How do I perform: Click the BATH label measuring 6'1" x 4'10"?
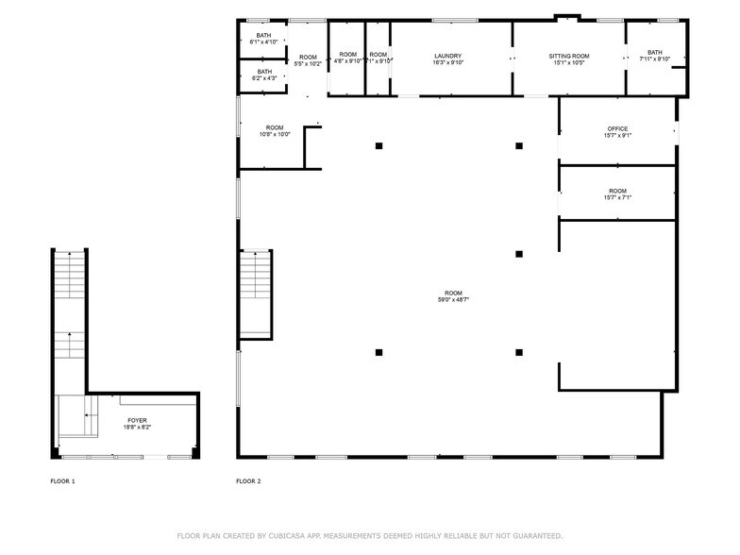click(263, 36)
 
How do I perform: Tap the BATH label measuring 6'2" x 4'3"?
click(264, 72)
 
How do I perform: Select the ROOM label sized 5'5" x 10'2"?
click(309, 56)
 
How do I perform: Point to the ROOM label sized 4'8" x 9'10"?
click(348, 55)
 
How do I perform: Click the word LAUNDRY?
click(447, 56)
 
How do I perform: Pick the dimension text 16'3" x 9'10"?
click(447, 62)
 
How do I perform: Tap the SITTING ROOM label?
click(568, 56)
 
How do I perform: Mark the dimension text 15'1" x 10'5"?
click(568, 62)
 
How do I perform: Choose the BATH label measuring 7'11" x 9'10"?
click(654, 53)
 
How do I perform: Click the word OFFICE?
click(617, 129)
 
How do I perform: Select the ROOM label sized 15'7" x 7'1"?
click(617, 191)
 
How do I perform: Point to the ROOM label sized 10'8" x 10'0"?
click(275, 127)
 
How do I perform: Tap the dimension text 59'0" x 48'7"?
click(448, 300)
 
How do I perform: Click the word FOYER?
click(137, 420)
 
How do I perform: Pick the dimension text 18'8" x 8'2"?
click(137, 427)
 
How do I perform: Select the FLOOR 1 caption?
click(62, 481)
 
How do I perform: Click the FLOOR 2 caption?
click(248, 481)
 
